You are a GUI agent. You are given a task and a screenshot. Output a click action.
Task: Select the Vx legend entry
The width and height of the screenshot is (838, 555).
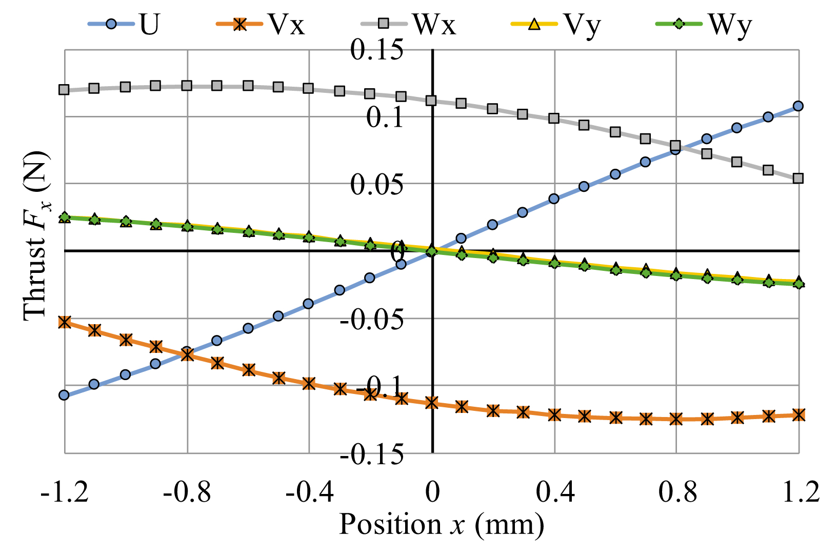[x=261, y=24]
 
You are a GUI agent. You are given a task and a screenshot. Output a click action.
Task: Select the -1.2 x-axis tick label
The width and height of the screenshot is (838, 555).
[x=65, y=492]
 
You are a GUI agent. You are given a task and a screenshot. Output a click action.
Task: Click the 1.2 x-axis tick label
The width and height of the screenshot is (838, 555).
[x=799, y=492]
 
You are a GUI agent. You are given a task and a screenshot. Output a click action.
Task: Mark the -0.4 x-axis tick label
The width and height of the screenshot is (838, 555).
[x=309, y=492]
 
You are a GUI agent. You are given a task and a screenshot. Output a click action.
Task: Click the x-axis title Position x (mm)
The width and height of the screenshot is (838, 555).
[x=442, y=525]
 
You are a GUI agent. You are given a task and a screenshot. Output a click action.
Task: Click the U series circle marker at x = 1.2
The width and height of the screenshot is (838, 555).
[x=798, y=106]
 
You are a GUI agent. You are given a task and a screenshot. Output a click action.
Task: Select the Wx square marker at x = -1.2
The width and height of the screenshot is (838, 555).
[x=64, y=90]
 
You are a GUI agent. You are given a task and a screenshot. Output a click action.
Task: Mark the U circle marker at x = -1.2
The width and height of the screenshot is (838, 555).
[x=64, y=395]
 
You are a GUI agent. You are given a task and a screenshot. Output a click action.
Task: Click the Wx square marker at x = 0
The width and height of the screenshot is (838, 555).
[x=431, y=101]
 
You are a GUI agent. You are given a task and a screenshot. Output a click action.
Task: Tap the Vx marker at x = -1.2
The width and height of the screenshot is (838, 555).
[x=64, y=322]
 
